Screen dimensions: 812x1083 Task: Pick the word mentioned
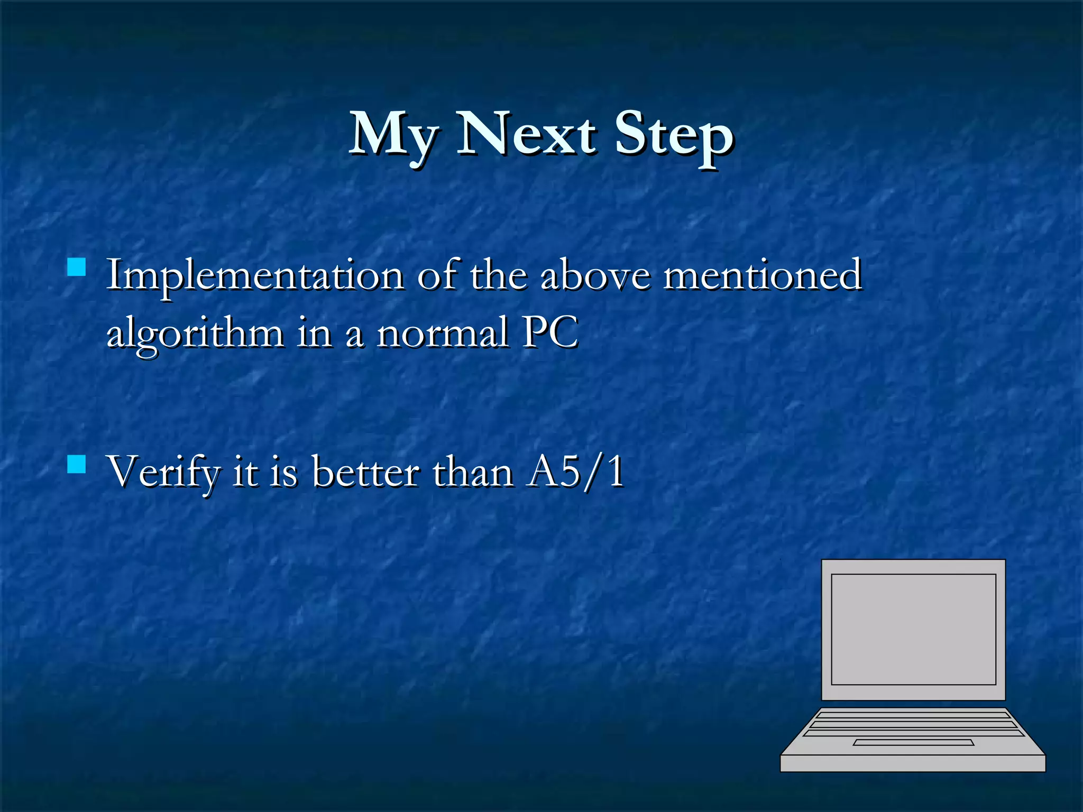click(x=762, y=275)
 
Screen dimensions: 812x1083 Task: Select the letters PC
click(x=550, y=333)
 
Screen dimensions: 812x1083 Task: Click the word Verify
click(x=163, y=472)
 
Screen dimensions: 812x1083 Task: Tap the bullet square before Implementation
click(x=77, y=267)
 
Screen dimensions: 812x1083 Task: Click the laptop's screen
click(x=913, y=629)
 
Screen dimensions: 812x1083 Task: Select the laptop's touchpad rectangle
click(x=913, y=743)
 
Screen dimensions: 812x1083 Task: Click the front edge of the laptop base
click(x=913, y=763)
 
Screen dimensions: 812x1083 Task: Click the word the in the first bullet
click(x=498, y=275)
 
